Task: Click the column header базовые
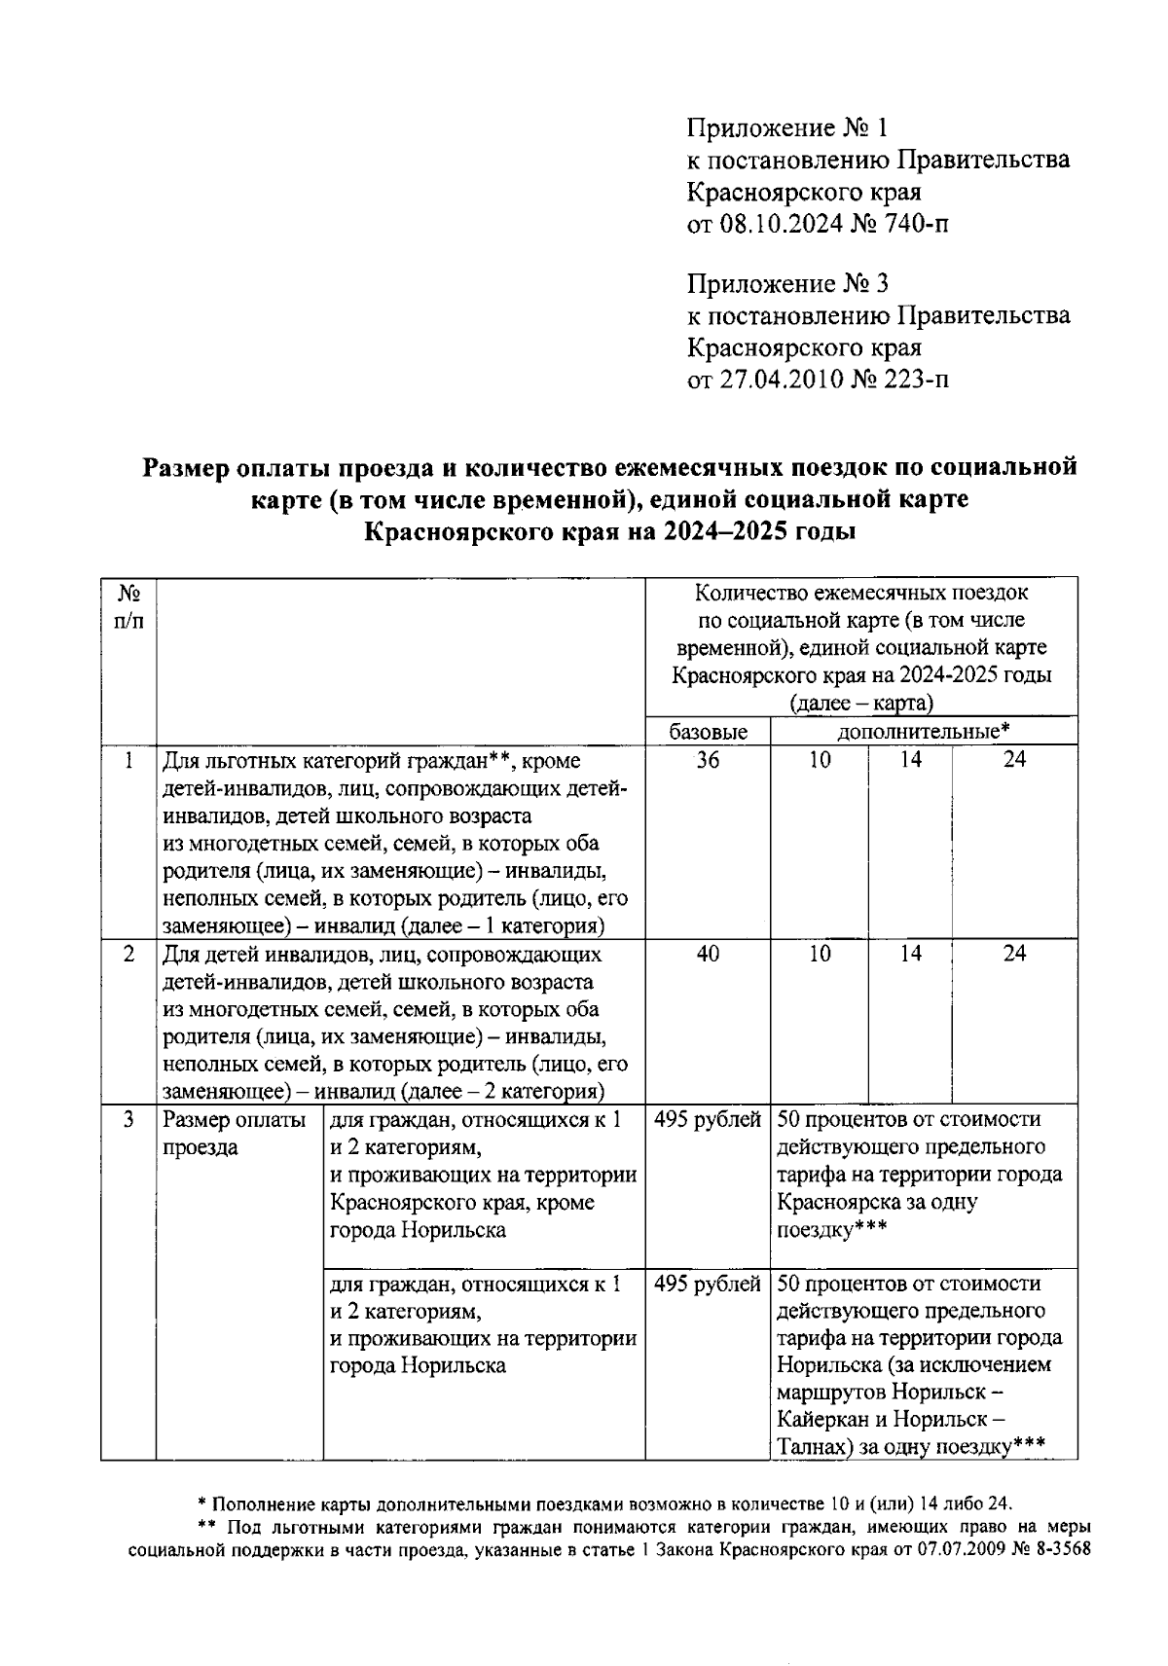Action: point(708,732)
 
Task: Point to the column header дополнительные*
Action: point(923,731)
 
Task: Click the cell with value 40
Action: point(708,955)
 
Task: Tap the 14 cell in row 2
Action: point(909,955)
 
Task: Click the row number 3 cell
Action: point(128,1120)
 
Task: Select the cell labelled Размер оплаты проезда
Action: point(235,1134)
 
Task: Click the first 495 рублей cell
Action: point(708,1120)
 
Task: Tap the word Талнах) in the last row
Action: point(815,1447)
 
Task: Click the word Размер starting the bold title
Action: point(191,468)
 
